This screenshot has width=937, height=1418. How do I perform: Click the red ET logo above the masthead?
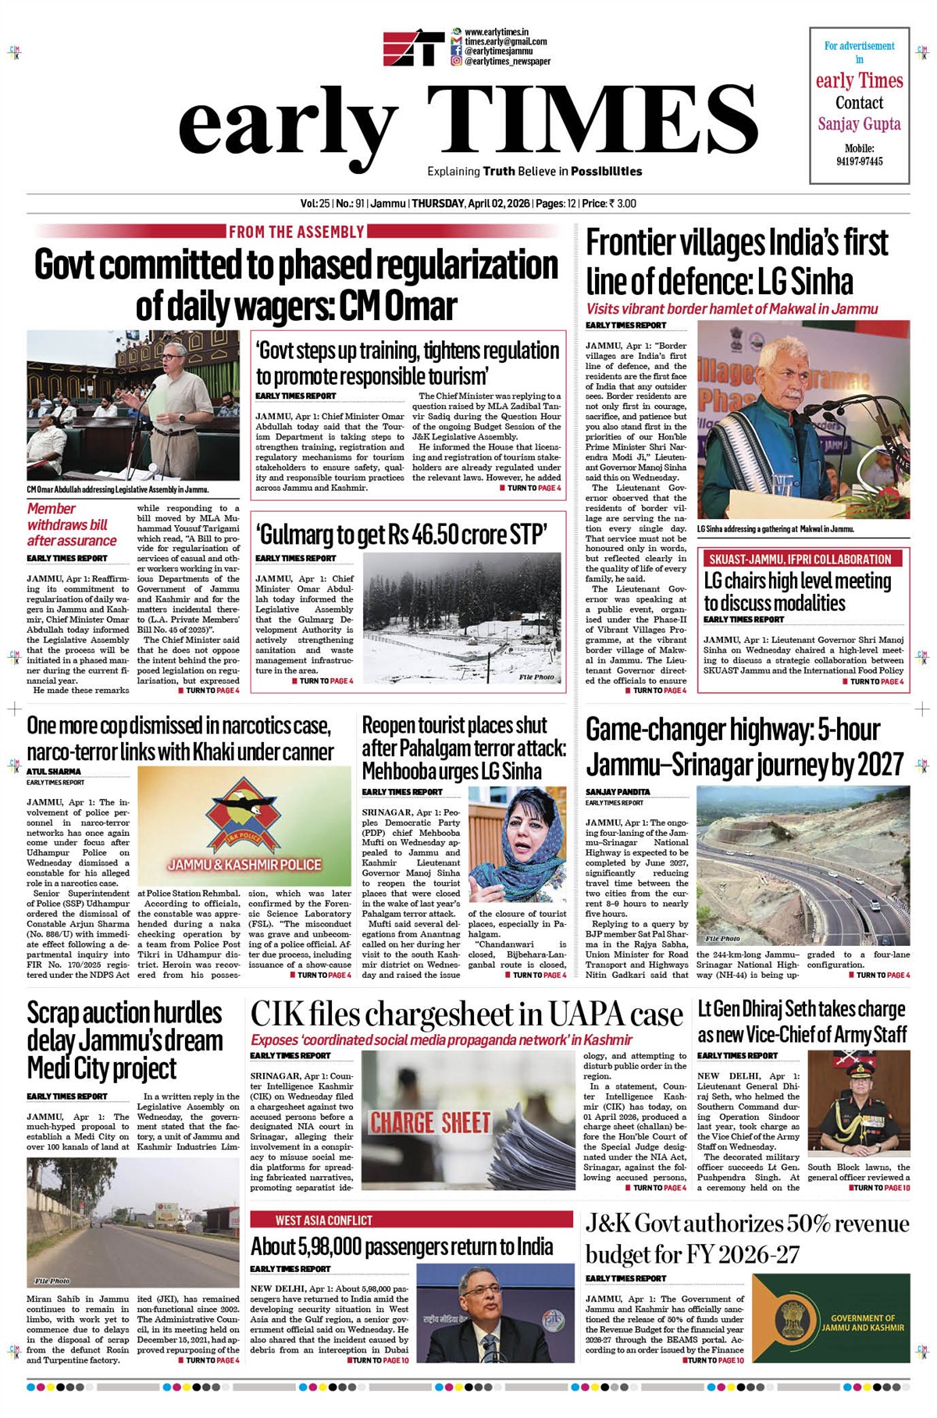[414, 48]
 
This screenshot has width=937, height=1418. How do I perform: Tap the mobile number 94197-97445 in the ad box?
[859, 162]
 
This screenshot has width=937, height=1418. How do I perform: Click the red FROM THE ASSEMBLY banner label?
[296, 232]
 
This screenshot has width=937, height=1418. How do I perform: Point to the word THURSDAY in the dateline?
[438, 204]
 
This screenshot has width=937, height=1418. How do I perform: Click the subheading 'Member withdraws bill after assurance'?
[71, 524]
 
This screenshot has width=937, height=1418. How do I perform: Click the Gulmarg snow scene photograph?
[461, 618]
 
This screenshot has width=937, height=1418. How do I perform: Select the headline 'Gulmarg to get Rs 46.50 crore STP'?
[402, 535]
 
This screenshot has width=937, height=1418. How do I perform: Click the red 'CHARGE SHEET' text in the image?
[429, 1123]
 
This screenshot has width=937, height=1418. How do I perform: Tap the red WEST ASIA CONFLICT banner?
[323, 1221]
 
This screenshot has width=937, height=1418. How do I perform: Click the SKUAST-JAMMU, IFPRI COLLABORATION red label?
[800, 559]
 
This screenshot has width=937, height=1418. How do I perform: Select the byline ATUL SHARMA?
[54, 772]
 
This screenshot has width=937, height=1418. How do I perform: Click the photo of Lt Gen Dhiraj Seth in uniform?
[858, 1102]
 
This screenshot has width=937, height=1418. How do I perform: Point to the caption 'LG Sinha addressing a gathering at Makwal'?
[775, 529]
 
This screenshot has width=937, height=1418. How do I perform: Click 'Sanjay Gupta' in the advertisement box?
[859, 124]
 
